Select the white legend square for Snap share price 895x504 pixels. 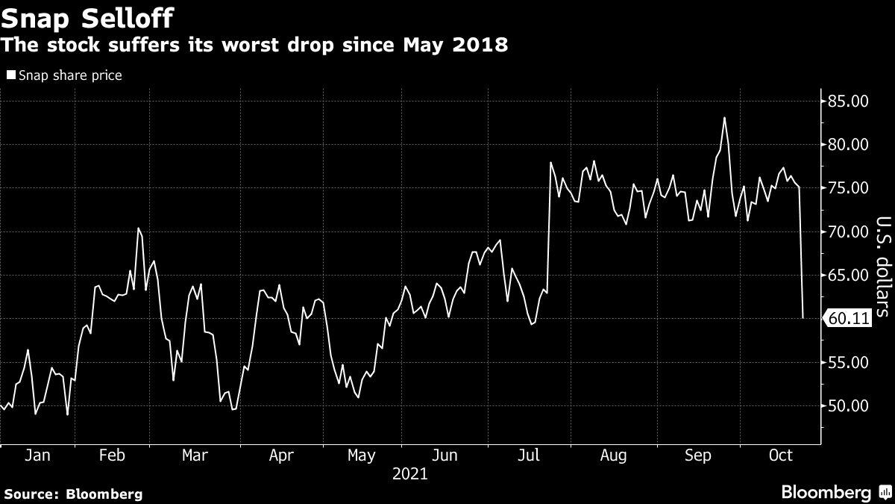pyautogui.click(x=10, y=75)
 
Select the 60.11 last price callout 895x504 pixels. pyautogui.click(x=849, y=319)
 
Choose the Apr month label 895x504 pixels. pyautogui.click(x=280, y=455)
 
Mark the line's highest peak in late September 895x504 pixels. pyautogui.click(x=724, y=118)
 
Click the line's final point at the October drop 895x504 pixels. pyautogui.click(x=803, y=318)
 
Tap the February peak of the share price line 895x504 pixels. pyautogui.click(x=138, y=228)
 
